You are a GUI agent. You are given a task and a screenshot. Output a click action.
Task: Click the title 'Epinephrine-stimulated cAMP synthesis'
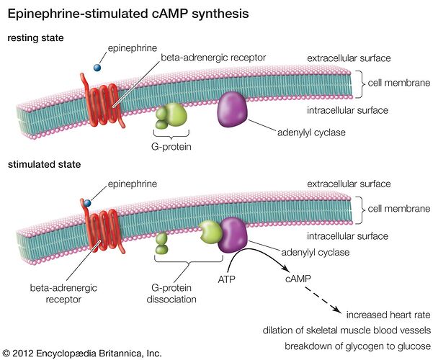coord(128,14)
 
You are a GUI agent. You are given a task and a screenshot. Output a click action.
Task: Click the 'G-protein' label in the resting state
coord(169,148)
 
